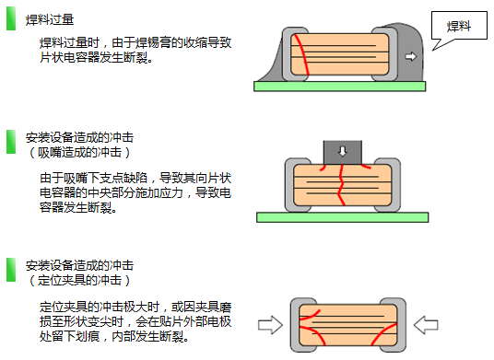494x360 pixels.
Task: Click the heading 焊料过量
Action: [50, 19]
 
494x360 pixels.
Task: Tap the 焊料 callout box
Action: [459, 26]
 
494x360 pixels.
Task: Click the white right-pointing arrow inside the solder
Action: [410, 57]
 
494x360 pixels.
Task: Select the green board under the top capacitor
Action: [339, 87]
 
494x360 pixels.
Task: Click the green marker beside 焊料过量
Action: [11, 18]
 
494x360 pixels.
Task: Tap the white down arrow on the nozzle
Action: [343, 151]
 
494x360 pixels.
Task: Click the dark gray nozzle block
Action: [343, 152]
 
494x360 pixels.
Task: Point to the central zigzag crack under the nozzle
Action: [341, 185]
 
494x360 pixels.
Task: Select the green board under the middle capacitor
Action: [343, 217]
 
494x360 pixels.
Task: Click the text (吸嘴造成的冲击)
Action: [79, 153]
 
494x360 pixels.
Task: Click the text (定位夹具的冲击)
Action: [79, 281]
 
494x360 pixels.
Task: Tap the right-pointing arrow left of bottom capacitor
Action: [270, 325]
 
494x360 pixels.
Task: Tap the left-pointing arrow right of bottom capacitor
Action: [426, 325]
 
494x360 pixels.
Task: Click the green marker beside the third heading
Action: [11, 270]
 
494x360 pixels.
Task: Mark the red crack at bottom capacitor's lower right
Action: [383, 334]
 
